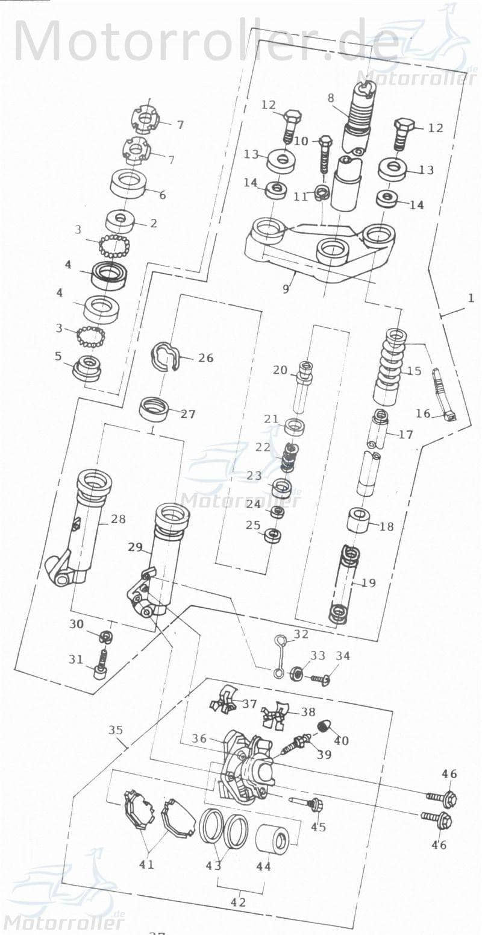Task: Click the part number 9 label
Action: coord(286,289)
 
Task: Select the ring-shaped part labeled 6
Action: coord(130,183)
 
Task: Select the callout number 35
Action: coord(116,730)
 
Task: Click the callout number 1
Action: coord(471,298)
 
